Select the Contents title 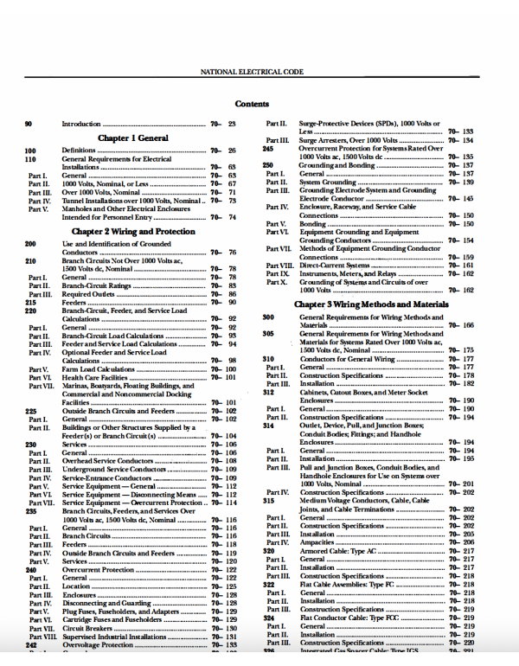click(252, 104)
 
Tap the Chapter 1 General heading click(132, 137)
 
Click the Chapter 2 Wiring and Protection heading click(132, 232)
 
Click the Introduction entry click(82, 125)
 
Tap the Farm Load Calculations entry click(99, 369)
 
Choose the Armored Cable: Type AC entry click(340, 550)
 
